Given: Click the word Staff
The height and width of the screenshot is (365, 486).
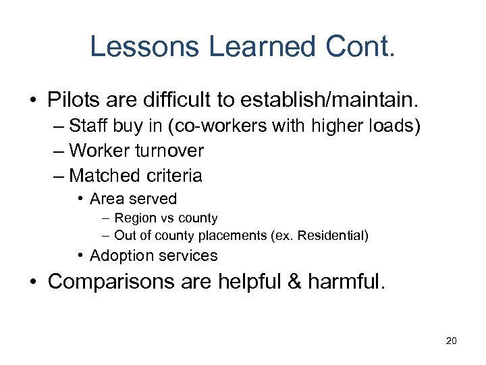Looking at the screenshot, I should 88,126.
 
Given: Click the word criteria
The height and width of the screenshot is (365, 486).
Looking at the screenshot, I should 176,176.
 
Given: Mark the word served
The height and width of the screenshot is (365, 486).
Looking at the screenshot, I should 153,199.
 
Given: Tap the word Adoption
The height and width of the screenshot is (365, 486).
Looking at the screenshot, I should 120,255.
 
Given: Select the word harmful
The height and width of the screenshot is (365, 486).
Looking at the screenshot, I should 346,281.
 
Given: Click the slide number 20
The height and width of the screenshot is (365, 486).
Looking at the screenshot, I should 452,341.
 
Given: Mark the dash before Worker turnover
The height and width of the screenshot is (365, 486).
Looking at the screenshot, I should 59,151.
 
